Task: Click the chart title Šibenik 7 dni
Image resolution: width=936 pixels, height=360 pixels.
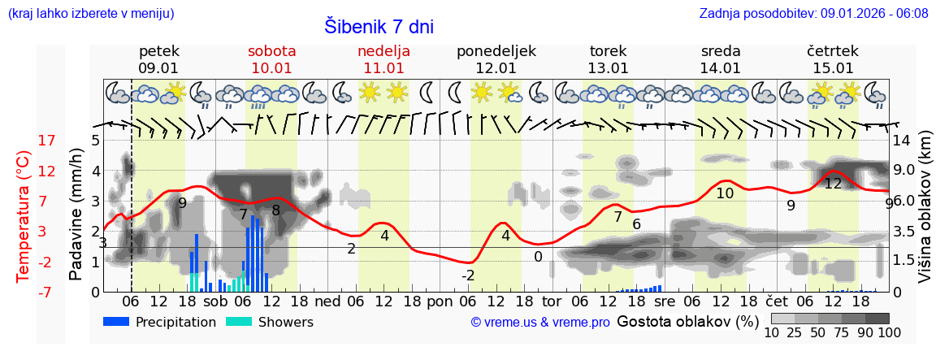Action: click(379, 27)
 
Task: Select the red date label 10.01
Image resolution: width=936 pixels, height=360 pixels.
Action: click(271, 68)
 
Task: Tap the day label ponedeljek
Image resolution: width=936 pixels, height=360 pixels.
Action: click(496, 51)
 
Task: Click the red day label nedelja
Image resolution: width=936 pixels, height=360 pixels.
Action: click(383, 51)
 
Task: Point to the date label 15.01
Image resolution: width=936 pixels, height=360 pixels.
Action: click(833, 68)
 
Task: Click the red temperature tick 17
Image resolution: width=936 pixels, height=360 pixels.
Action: click(24, 141)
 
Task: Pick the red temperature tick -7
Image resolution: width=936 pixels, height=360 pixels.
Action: click(24, 292)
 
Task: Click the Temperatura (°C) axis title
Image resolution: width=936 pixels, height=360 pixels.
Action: click(23, 216)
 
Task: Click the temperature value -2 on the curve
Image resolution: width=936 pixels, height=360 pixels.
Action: click(468, 276)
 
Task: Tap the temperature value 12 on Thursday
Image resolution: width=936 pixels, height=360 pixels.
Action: click(833, 184)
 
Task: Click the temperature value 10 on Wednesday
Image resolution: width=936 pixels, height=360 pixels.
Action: click(725, 193)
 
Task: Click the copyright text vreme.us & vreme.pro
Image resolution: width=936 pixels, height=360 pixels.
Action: click(540, 323)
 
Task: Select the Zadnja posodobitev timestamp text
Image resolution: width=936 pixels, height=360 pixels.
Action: click(813, 14)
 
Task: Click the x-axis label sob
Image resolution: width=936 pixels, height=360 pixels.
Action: click(215, 301)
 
